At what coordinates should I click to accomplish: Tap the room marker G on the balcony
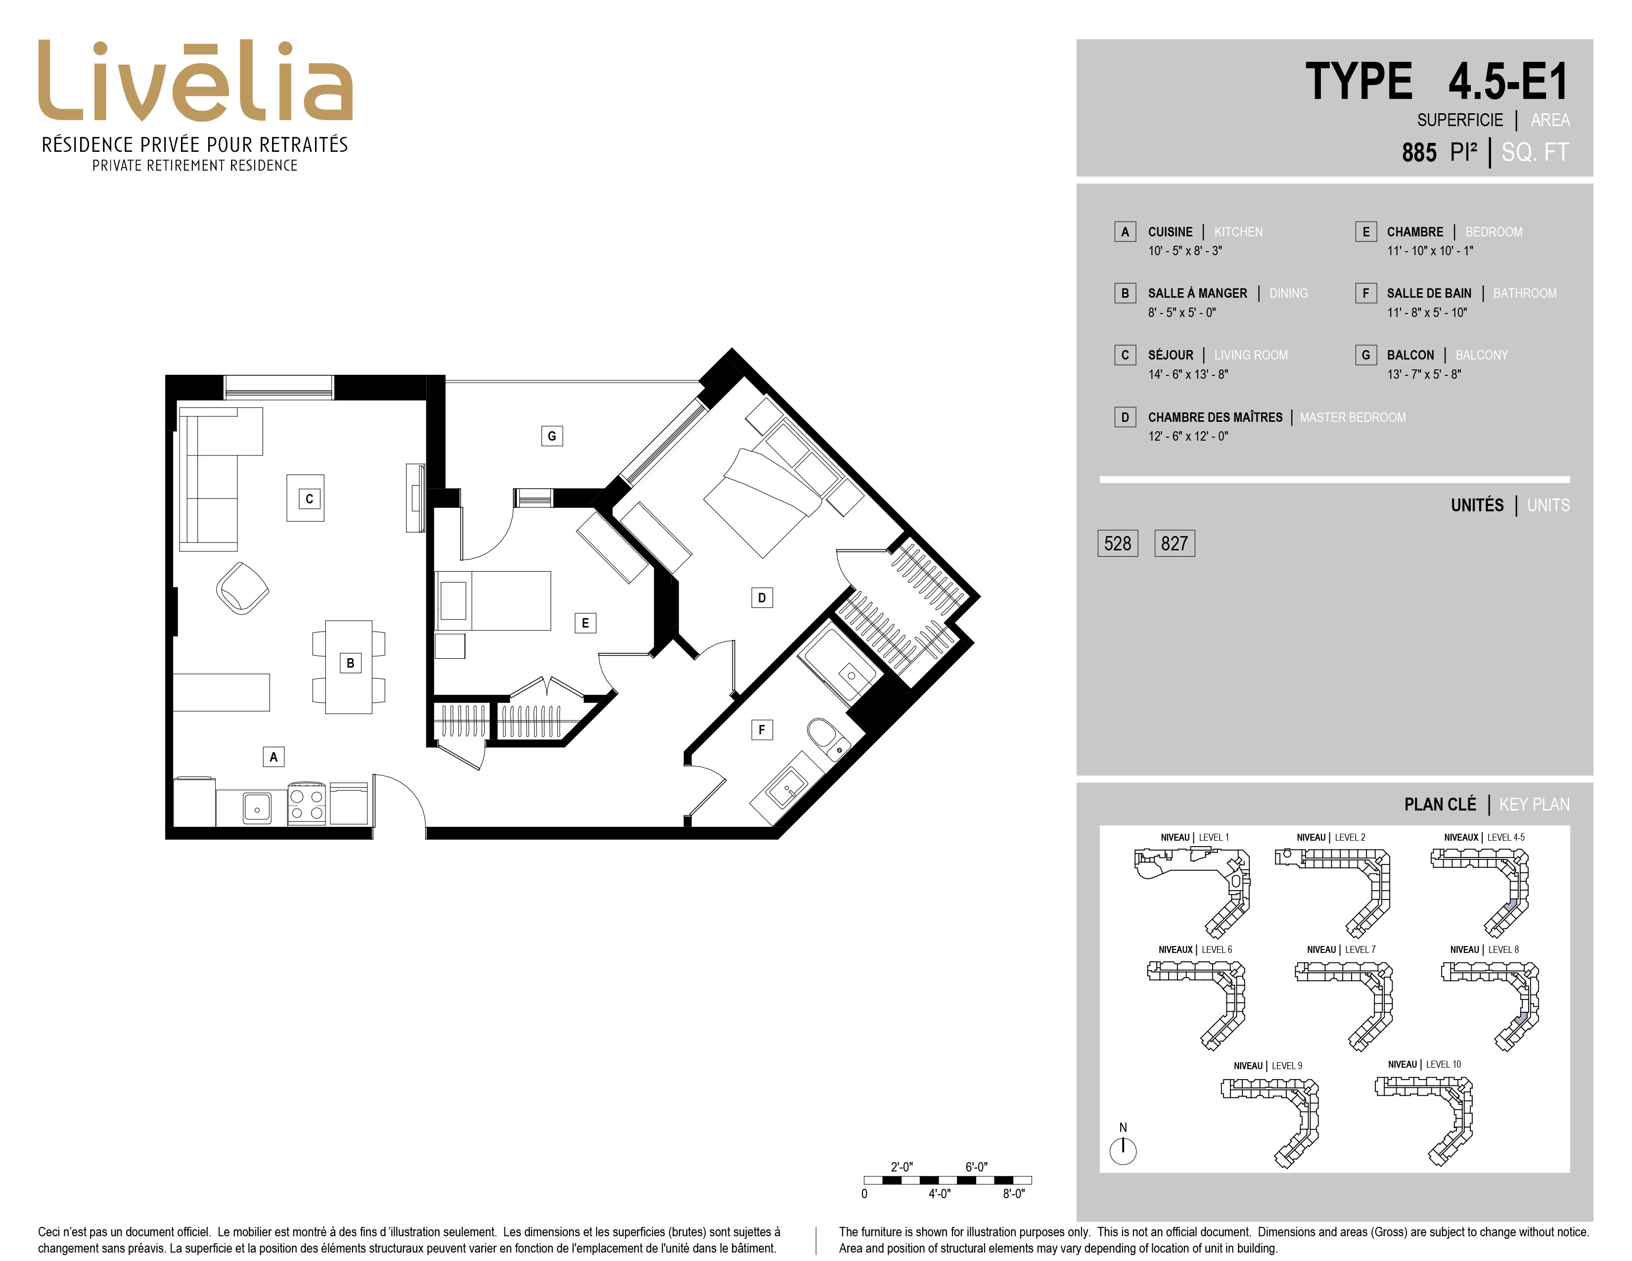point(551,436)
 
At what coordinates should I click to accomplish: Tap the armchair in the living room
point(242,588)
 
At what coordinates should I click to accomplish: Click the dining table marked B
point(349,667)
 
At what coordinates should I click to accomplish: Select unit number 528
point(1117,543)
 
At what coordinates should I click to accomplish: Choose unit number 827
point(1174,543)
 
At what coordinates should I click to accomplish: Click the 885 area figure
point(1418,152)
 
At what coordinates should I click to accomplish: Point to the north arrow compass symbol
point(1123,1150)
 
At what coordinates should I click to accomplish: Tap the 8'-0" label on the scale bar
point(1013,1194)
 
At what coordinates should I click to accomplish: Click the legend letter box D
point(1125,417)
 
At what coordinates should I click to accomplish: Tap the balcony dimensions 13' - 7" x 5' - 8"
point(1423,374)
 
